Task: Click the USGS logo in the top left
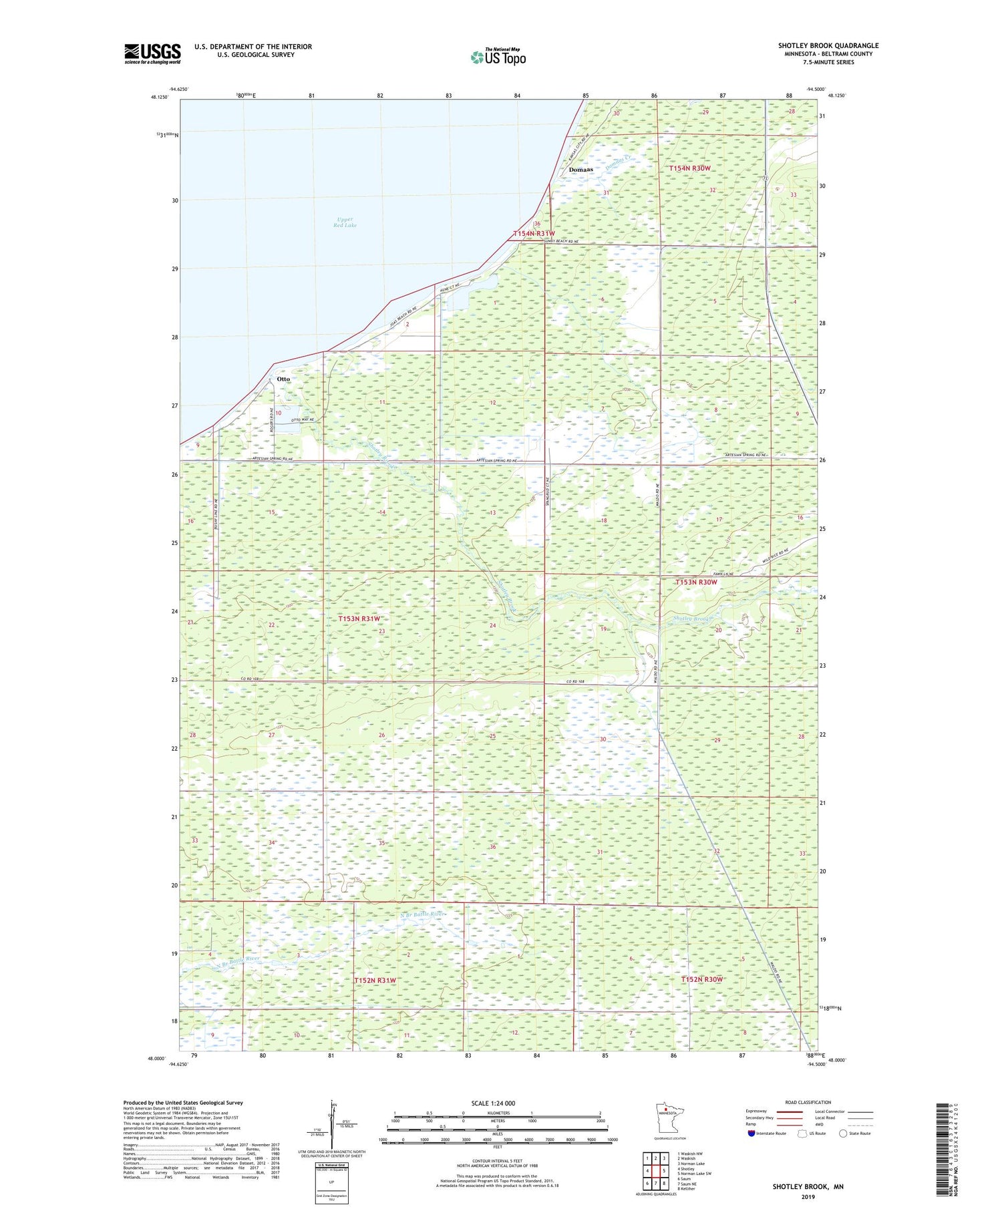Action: (x=152, y=53)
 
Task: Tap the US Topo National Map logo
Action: (x=498, y=57)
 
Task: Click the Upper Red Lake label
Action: (x=345, y=222)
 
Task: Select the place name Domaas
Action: (x=580, y=170)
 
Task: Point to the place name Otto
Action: (x=283, y=379)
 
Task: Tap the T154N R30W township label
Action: (x=689, y=168)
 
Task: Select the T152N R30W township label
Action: (x=701, y=979)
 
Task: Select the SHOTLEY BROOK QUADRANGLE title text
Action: (x=828, y=45)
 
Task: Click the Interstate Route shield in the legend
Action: (x=751, y=1134)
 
